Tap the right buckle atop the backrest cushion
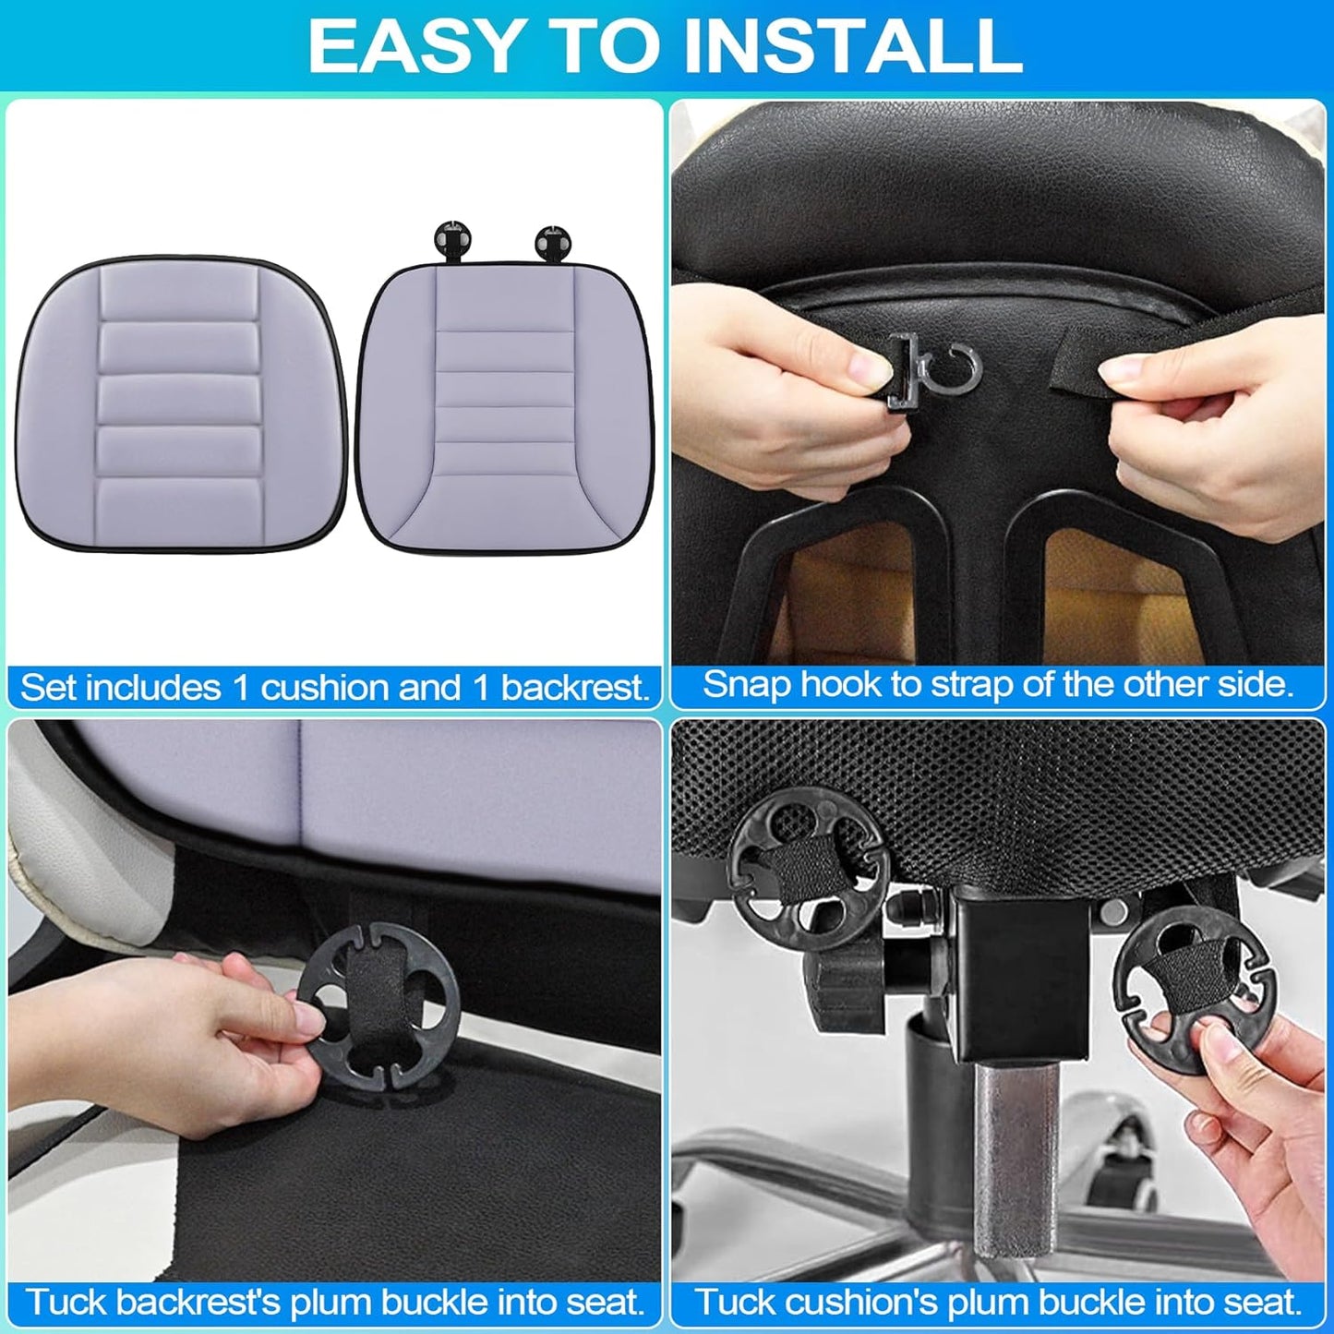[x=553, y=241]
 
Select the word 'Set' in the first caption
[x=45, y=689]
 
